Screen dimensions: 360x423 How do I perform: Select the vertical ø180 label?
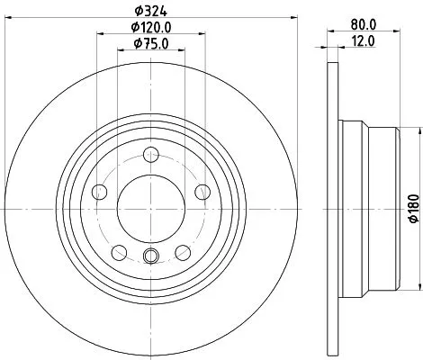pos(413,206)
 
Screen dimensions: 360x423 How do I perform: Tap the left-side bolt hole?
pos(98,191)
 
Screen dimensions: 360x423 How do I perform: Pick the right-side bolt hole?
pos(202,191)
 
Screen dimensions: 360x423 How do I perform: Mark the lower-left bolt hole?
pos(118,251)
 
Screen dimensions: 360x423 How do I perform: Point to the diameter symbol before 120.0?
pos(129,27)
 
